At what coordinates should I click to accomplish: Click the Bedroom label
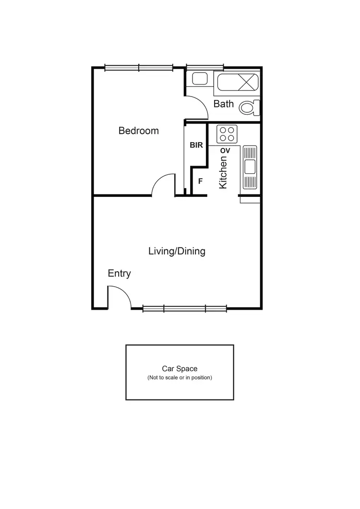[x=138, y=131]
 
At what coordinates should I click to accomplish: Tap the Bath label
[x=223, y=104]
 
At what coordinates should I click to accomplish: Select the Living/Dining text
[x=177, y=251]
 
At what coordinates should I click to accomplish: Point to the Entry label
[x=119, y=273]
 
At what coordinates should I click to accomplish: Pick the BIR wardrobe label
[x=196, y=145]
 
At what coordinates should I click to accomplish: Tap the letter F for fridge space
[x=200, y=182]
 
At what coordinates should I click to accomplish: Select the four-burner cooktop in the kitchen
[x=227, y=133]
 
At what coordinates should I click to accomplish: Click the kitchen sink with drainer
[x=250, y=167]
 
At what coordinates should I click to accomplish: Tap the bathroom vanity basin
[x=199, y=79]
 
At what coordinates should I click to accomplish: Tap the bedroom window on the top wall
[x=139, y=68]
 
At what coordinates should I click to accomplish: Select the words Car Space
[x=180, y=369]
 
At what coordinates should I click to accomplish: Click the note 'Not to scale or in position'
[x=180, y=378]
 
